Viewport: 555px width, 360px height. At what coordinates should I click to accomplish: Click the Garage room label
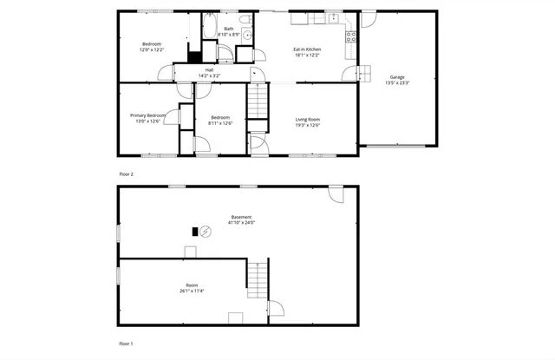[396, 77]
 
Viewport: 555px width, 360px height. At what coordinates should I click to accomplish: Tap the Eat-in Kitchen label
[307, 49]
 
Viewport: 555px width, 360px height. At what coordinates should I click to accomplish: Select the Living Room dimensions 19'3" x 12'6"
[308, 125]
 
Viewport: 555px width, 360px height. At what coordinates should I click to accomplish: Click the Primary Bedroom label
[147, 115]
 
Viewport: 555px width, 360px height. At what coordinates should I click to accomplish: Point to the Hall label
[209, 70]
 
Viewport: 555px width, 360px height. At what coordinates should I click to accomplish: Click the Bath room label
[228, 29]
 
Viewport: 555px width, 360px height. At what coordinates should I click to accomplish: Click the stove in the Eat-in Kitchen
[351, 36]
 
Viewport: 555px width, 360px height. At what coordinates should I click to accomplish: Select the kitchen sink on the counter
[332, 18]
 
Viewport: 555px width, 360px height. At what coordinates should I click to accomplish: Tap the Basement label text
[241, 217]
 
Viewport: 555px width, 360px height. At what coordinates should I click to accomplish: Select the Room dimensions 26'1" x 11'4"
[192, 291]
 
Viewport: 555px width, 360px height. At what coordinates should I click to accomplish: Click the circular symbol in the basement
[206, 232]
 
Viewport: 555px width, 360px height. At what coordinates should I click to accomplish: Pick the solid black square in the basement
[195, 232]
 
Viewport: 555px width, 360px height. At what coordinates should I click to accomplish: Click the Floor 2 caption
[127, 173]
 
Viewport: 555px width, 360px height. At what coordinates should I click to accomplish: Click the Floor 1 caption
[127, 344]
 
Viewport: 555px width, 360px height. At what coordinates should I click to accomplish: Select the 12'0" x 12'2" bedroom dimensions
[152, 49]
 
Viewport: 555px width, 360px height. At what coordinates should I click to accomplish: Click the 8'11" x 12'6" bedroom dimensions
[219, 123]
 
